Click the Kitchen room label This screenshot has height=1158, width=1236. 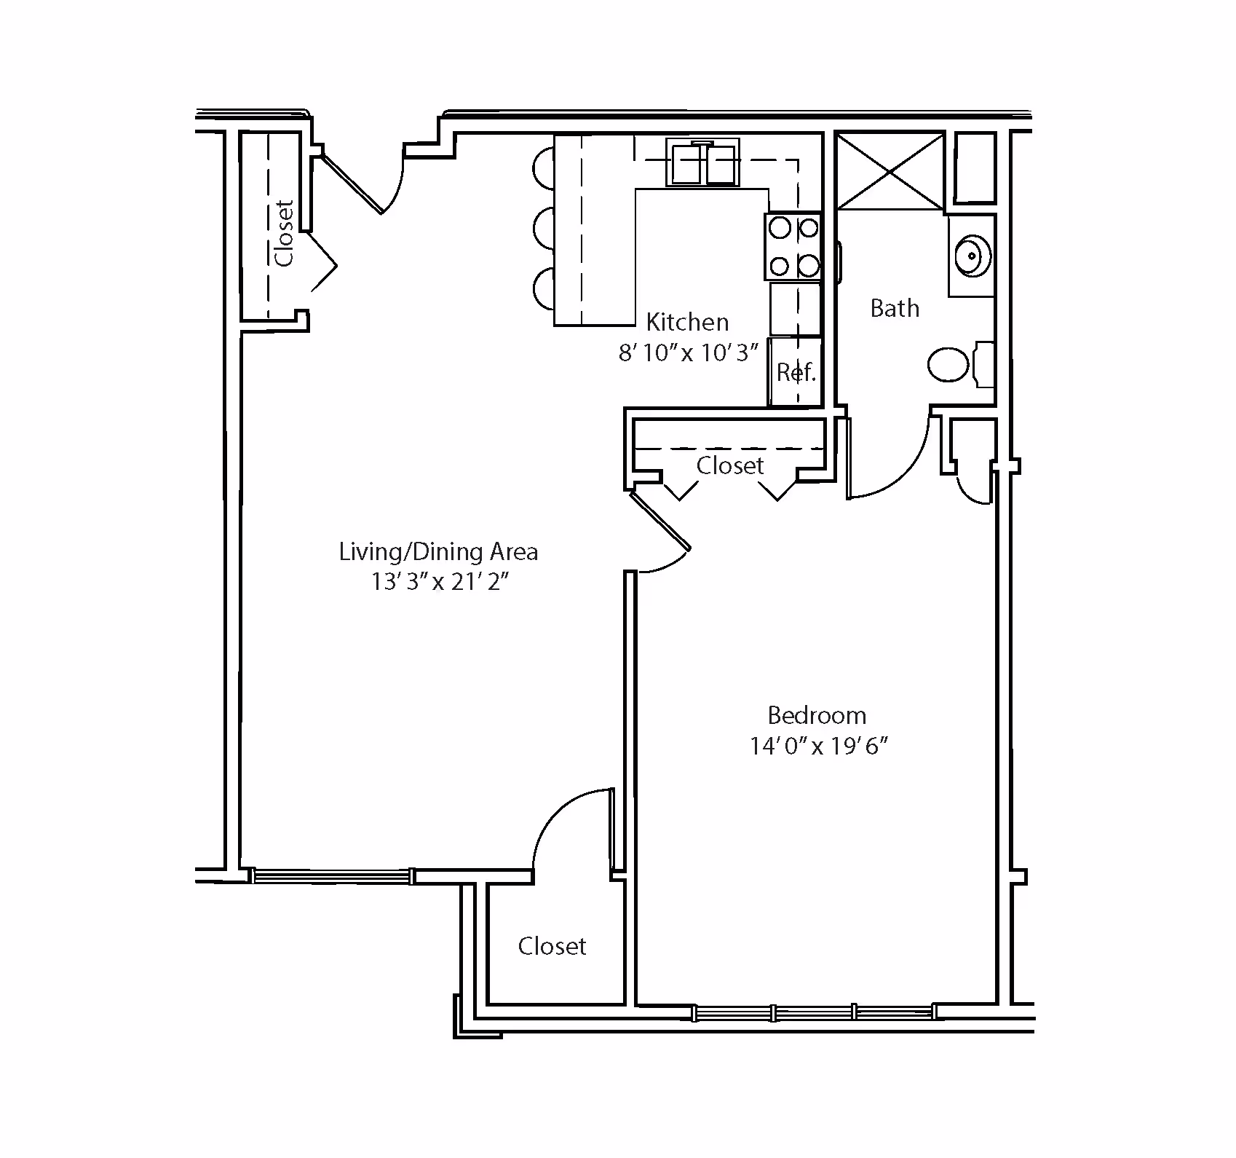(687, 322)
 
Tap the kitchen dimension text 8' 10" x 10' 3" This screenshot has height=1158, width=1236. (688, 353)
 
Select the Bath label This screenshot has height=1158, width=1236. (895, 308)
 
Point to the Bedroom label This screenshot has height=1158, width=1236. (817, 715)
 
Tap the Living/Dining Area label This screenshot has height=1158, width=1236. (438, 551)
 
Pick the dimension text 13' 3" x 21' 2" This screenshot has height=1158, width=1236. (439, 583)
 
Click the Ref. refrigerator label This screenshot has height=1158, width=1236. (796, 372)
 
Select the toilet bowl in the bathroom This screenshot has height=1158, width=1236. (949, 364)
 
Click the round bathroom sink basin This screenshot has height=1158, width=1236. (971, 255)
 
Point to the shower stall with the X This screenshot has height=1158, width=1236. (890, 172)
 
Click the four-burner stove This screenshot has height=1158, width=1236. (793, 247)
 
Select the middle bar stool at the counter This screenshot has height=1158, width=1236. (544, 227)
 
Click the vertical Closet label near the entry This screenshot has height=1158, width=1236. (284, 233)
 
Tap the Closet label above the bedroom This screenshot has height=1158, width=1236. (730, 465)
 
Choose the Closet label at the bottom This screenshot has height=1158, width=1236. (552, 946)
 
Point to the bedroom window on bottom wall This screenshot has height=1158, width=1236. (813, 1012)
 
